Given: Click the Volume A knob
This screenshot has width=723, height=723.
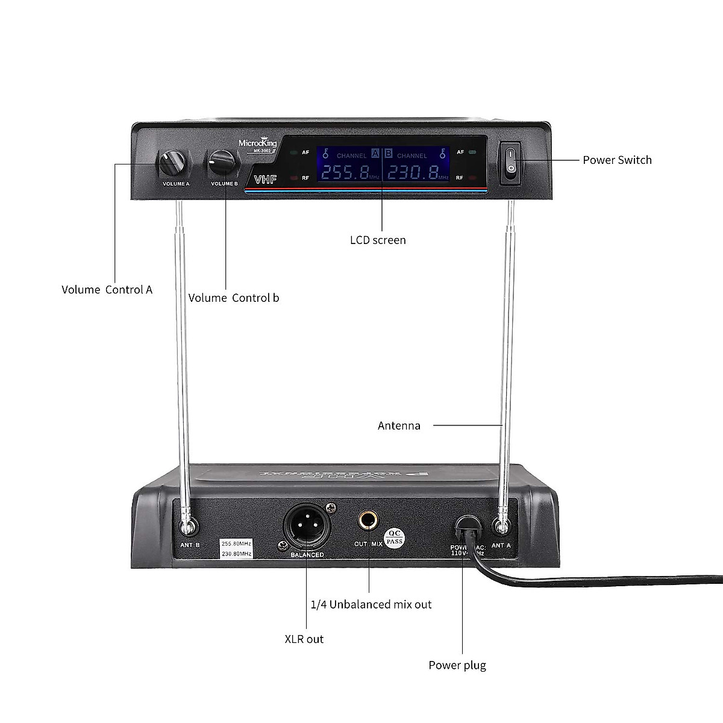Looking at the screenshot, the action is [x=174, y=163].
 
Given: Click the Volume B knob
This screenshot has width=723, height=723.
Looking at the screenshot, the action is [x=222, y=161].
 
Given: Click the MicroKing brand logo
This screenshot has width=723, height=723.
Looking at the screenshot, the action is [x=258, y=143].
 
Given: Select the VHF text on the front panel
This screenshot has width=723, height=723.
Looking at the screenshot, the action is [x=264, y=179].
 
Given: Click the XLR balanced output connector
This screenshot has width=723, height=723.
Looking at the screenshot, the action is [x=307, y=527].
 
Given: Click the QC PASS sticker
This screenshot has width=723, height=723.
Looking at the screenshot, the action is [x=394, y=537].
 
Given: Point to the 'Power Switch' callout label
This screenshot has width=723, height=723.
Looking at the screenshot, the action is [x=617, y=160].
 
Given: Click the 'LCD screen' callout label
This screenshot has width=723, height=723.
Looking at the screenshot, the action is [x=378, y=240].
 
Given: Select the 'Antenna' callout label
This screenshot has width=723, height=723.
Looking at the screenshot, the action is [x=399, y=425].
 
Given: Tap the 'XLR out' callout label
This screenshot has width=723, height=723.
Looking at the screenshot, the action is [x=304, y=639].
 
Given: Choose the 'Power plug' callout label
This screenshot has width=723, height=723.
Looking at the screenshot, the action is [x=457, y=665].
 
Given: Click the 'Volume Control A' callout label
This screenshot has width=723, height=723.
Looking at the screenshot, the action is [x=107, y=290].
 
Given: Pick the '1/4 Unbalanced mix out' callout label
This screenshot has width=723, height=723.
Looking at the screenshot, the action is [x=371, y=604].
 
